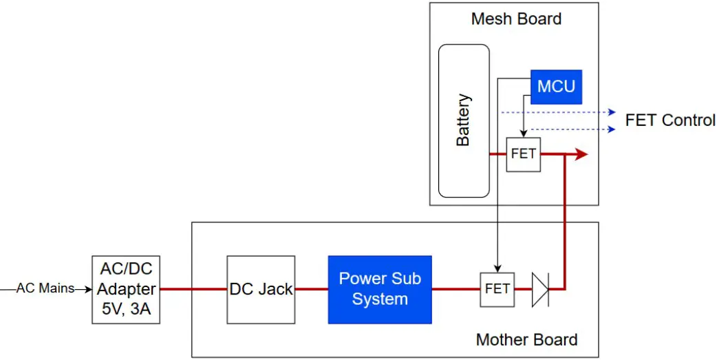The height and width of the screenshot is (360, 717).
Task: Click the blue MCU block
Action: pos(556,87)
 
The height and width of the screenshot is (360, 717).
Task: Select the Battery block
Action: pos(464,120)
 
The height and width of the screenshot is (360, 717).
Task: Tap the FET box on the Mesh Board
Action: pos(523,154)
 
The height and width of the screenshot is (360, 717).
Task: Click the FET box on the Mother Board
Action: pos(497,289)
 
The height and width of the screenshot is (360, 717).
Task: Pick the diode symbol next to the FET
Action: pos(540,289)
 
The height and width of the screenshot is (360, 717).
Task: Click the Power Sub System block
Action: pos(380,289)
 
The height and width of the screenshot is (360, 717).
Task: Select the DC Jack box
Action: pos(261,289)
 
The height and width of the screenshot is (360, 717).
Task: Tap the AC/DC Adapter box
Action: pos(126,289)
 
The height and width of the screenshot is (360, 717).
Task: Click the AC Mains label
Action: pos(45,289)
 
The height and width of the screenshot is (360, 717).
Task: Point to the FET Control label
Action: pos(670,120)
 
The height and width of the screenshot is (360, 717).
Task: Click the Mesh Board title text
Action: pos(516,19)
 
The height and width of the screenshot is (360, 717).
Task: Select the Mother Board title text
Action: pos(526,339)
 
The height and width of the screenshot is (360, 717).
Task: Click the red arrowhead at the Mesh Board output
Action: pos(581,154)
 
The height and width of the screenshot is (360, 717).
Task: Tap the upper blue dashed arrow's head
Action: pos(610,112)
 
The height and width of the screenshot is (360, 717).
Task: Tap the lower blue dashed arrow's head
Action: pos(610,129)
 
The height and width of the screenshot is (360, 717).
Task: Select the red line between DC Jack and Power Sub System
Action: pos(312,289)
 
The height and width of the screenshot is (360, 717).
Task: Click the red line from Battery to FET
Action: pos(497,154)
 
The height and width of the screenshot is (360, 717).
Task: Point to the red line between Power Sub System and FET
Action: pos(456,289)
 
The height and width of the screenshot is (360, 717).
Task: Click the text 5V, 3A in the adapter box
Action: pos(126,308)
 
